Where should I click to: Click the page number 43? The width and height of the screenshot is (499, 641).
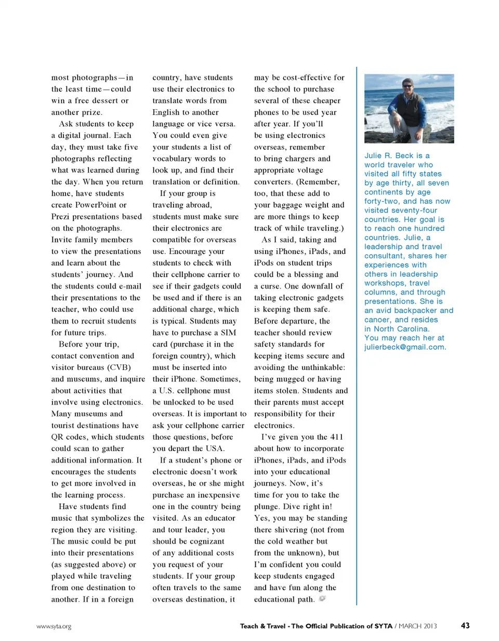[x=465, y=625]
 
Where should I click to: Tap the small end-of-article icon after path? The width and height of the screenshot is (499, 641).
[x=322, y=599]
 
